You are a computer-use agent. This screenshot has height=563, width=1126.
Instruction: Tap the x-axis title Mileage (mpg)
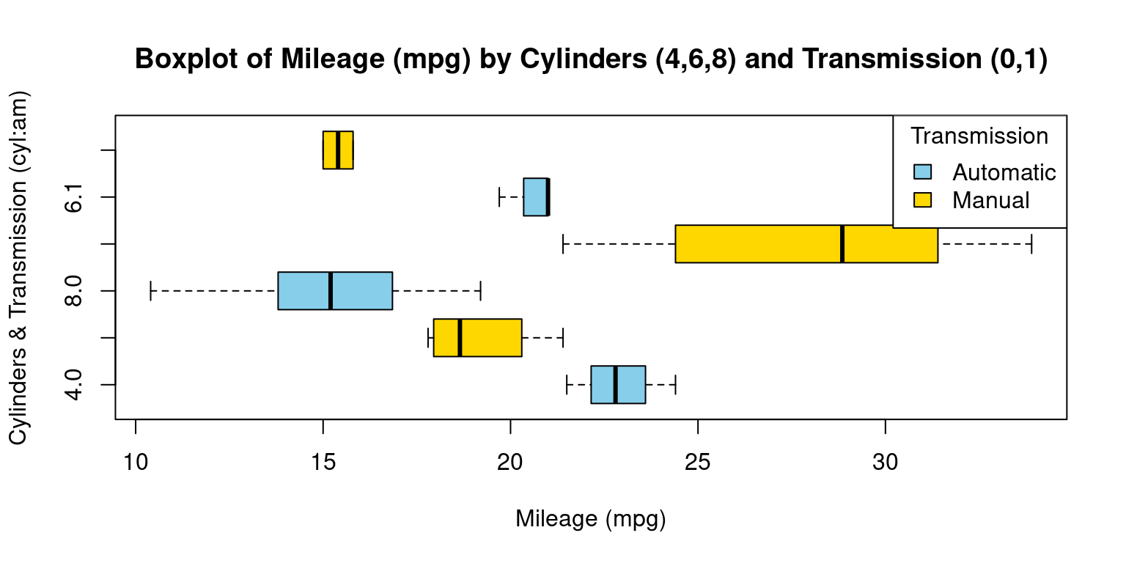point(590,519)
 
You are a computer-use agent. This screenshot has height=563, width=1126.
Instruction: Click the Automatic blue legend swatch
point(922,172)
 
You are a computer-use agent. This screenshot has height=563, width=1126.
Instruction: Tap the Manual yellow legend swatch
point(922,199)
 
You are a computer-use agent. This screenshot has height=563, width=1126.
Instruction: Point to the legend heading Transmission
point(979,136)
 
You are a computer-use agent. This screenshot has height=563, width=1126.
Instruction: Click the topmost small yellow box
point(338,150)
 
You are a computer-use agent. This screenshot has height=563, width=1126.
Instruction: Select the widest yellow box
point(759,243)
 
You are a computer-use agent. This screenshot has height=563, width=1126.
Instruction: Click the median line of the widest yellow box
point(842,243)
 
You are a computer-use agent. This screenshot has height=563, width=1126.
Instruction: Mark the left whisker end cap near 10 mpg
point(150,291)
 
